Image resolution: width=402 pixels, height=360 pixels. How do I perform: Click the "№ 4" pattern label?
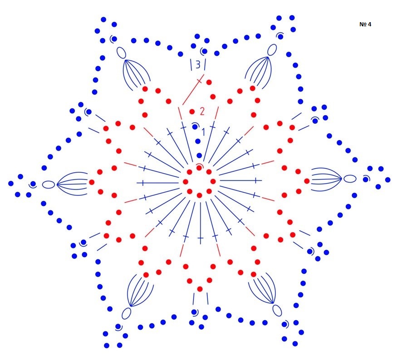coord(365,24)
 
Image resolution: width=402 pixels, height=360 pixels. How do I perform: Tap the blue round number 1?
coord(203,132)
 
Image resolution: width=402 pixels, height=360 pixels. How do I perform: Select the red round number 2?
coord(202,111)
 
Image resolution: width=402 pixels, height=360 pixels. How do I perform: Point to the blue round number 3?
coord(198,65)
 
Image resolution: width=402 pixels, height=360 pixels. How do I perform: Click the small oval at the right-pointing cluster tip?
coord(350,179)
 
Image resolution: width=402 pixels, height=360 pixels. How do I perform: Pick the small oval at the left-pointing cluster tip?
coord(49,185)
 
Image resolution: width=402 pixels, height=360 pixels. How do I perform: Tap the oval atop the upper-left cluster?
coord(121,53)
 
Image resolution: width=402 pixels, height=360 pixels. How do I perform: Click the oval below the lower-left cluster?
coord(127,313)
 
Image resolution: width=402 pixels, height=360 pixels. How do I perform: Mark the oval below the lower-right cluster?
coord(277,311)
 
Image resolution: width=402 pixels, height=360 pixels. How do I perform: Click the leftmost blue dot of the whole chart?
coord(11,184)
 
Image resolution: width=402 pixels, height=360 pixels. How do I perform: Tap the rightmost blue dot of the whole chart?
coord(388,180)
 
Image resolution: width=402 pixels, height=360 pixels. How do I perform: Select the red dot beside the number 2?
coord(192,112)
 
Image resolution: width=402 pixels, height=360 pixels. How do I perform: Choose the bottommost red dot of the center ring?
coord(199,195)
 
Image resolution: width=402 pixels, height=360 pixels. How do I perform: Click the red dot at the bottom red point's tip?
coord(200,289)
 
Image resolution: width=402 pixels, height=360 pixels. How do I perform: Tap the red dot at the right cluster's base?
coord(307,181)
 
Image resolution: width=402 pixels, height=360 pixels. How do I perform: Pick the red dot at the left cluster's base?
coord(92,182)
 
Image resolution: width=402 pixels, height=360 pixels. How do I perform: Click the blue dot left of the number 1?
coord(195,127)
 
